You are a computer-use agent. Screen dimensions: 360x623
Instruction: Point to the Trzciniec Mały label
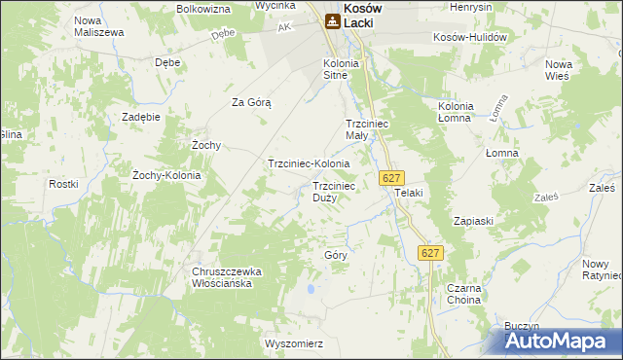tap(369, 129)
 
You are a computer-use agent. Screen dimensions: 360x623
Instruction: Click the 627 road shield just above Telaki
tap(391, 178)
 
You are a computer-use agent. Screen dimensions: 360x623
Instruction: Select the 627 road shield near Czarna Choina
tap(431, 253)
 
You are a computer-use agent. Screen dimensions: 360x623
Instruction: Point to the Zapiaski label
tap(473, 221)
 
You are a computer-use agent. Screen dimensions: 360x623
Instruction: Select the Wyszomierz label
tap(293, 343)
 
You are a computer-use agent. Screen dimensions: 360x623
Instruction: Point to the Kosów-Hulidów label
tap(471, 37)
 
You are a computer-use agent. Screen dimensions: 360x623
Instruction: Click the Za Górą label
tap(250, 102)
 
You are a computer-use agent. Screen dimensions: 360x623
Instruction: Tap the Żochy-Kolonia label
tap(165, 175)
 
